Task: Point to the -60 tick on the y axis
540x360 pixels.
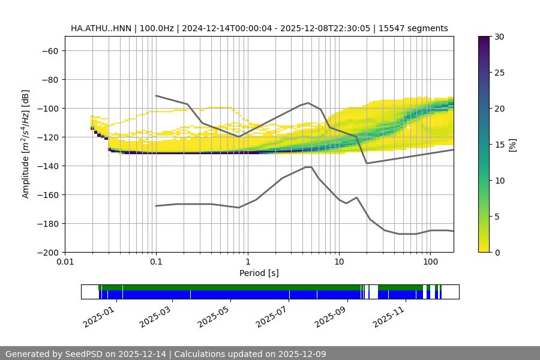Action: pos(50,50)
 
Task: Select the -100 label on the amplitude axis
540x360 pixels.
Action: pos(48,108)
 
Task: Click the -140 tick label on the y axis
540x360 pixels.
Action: pos(48,166)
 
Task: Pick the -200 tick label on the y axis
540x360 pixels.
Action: pos(48,252)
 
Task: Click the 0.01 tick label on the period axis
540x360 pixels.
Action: pos(65,262)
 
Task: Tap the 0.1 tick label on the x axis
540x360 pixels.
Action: pos(156,262)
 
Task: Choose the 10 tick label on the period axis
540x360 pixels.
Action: pos(338,262)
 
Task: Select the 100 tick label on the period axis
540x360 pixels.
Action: pos(430,262)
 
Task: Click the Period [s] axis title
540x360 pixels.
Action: pos(259,274)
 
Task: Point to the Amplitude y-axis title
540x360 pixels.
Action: pos(26,144)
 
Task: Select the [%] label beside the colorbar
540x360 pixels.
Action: pos(512,144)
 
